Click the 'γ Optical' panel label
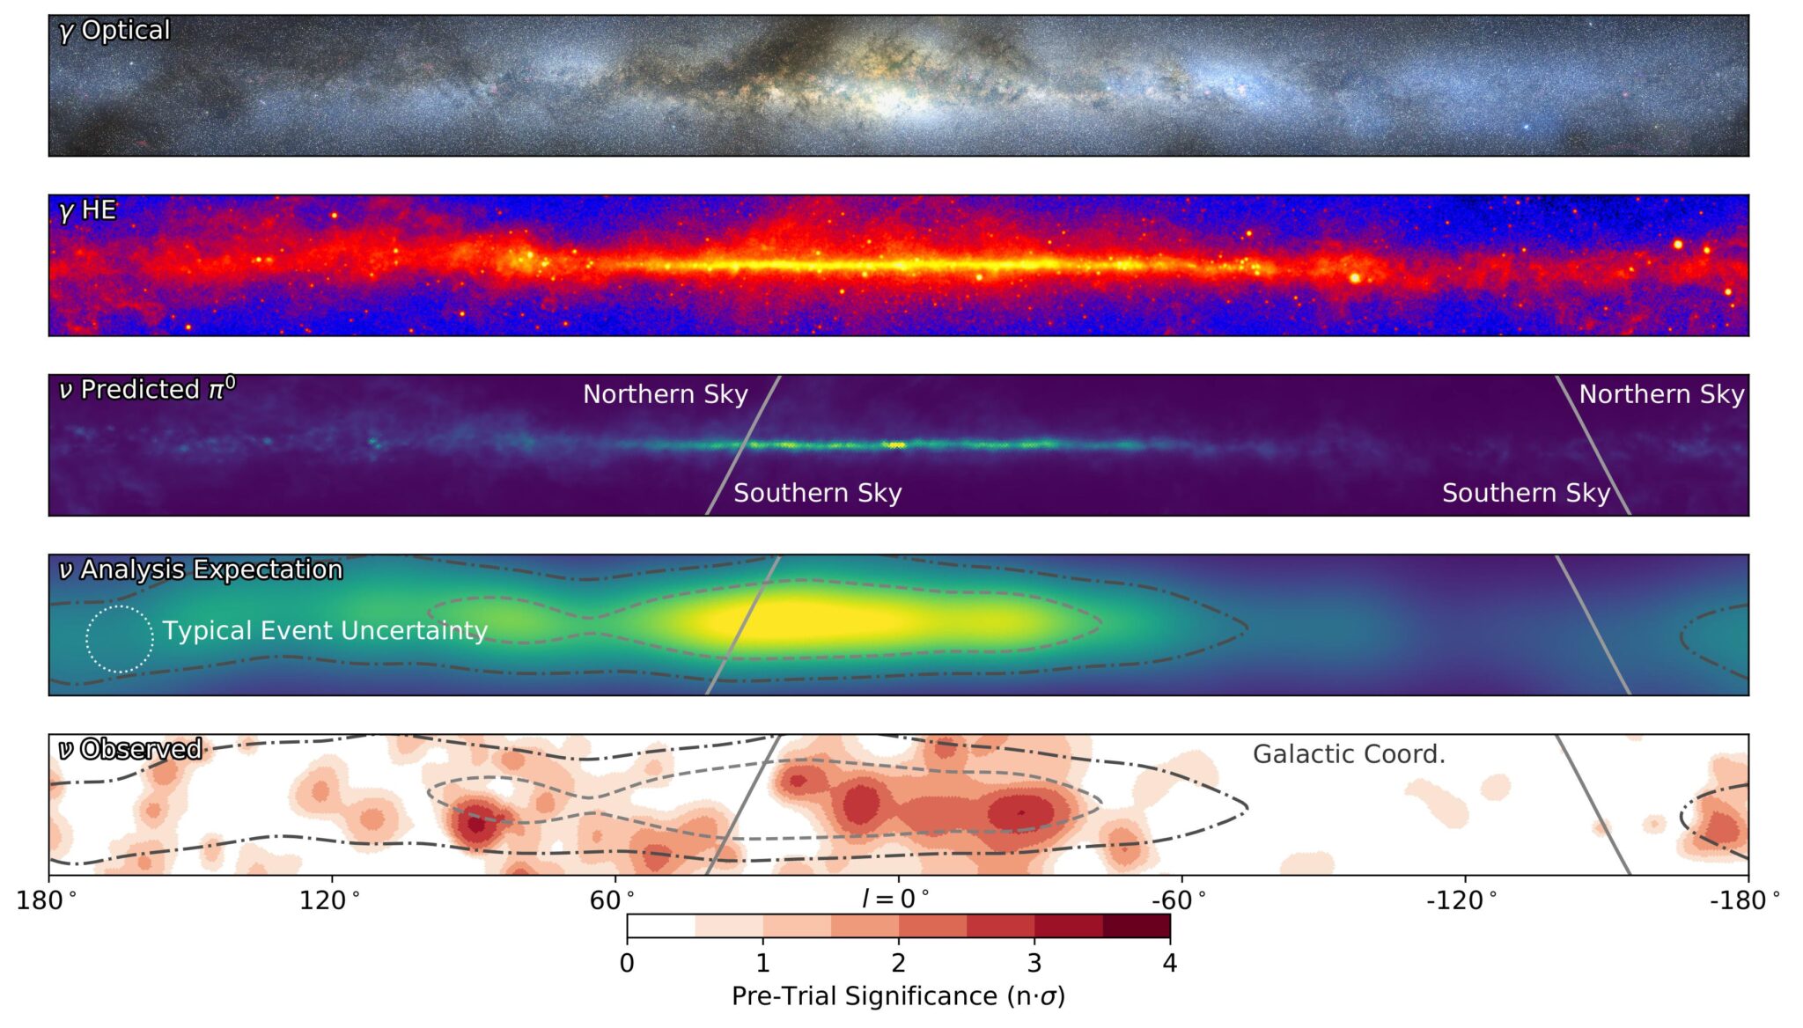tap(114, 31)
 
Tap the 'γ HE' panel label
tap(87, 210)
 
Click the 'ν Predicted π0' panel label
tap(147, 390)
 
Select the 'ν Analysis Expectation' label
tap(201, 570)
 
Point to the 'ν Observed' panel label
tap(130, 750)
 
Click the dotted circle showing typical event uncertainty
tap(120, 640)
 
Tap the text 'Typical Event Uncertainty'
tap(324, 631)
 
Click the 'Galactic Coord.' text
tap(1349, 754)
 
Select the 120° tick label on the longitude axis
tap(330, 900)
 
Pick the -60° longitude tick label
tap(1180, 900)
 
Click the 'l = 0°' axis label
tap(896, 899)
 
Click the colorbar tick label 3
tap(1034, 964)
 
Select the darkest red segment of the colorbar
tap(1136, 926)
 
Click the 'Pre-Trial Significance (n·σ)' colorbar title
tap(898, 996)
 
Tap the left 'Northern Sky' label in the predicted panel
tap(665, 394)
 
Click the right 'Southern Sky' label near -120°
tap(1526, 493)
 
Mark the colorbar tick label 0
tap(627, 964)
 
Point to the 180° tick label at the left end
tap(47, 900)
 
